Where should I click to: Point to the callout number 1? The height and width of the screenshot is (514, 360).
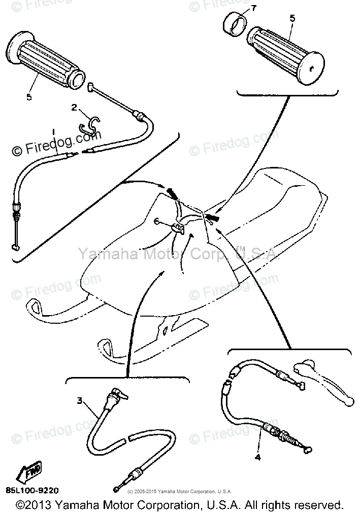[x=52, y=132]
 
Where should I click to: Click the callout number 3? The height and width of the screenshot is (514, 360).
[x=79, y=401]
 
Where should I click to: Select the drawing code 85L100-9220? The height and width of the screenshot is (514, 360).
[x=32, y=490]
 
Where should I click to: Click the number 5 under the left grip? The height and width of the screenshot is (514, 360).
[x=29, y=96]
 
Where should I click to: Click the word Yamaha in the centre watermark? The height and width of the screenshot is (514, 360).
[x=100, y=253]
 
